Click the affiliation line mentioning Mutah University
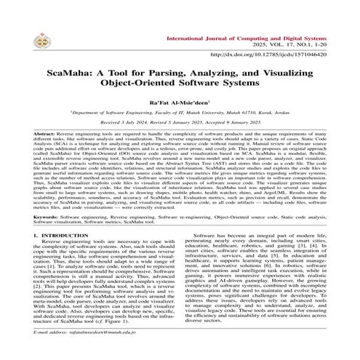(x=180, y=115)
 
